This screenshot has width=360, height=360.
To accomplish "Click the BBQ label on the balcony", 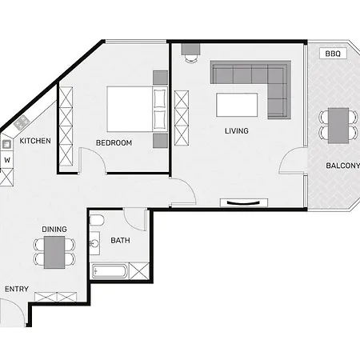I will point(331,54).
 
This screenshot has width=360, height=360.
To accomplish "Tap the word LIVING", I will point(236,130).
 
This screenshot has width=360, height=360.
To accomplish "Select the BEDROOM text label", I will point(114,143).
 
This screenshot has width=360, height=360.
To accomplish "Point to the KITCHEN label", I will point(35,141).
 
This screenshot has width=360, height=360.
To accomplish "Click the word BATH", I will point(120,240).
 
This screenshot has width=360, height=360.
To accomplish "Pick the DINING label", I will point(54,229).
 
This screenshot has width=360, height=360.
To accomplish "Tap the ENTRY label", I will point(17,289).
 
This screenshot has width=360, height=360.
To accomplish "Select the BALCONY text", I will point(342,166).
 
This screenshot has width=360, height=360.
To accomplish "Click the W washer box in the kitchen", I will point(7,159).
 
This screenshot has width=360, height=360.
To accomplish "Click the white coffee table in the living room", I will point(236,105).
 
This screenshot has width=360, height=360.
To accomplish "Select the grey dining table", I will point(54,252).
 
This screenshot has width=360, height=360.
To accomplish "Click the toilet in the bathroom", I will point(96,220).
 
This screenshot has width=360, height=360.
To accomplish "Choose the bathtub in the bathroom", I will point(110,271).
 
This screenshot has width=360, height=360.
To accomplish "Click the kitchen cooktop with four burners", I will point(22,122).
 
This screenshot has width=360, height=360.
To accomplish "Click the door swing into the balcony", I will point(293,162).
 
